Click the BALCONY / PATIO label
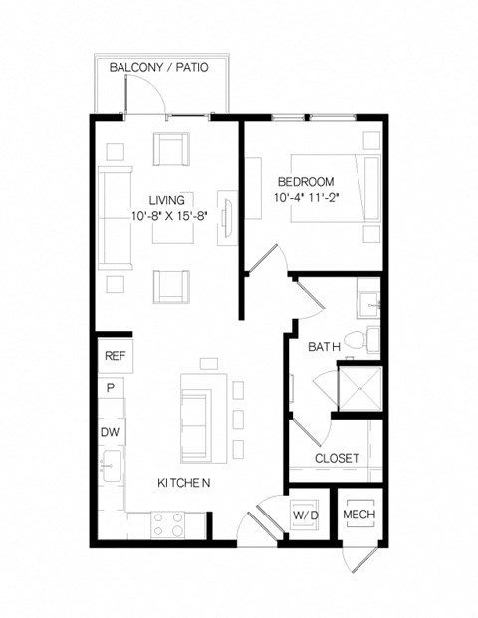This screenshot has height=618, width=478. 160,68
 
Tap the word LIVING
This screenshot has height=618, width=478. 166,199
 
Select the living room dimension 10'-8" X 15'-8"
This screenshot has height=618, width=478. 166,215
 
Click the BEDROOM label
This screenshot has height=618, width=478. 305,182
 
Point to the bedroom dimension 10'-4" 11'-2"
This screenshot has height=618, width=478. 305,197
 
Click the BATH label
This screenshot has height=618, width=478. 324,346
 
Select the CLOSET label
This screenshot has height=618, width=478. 337,457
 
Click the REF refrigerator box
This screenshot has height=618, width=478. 114,356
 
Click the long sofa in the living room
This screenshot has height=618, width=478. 115,217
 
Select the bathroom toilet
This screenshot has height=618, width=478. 371,338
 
